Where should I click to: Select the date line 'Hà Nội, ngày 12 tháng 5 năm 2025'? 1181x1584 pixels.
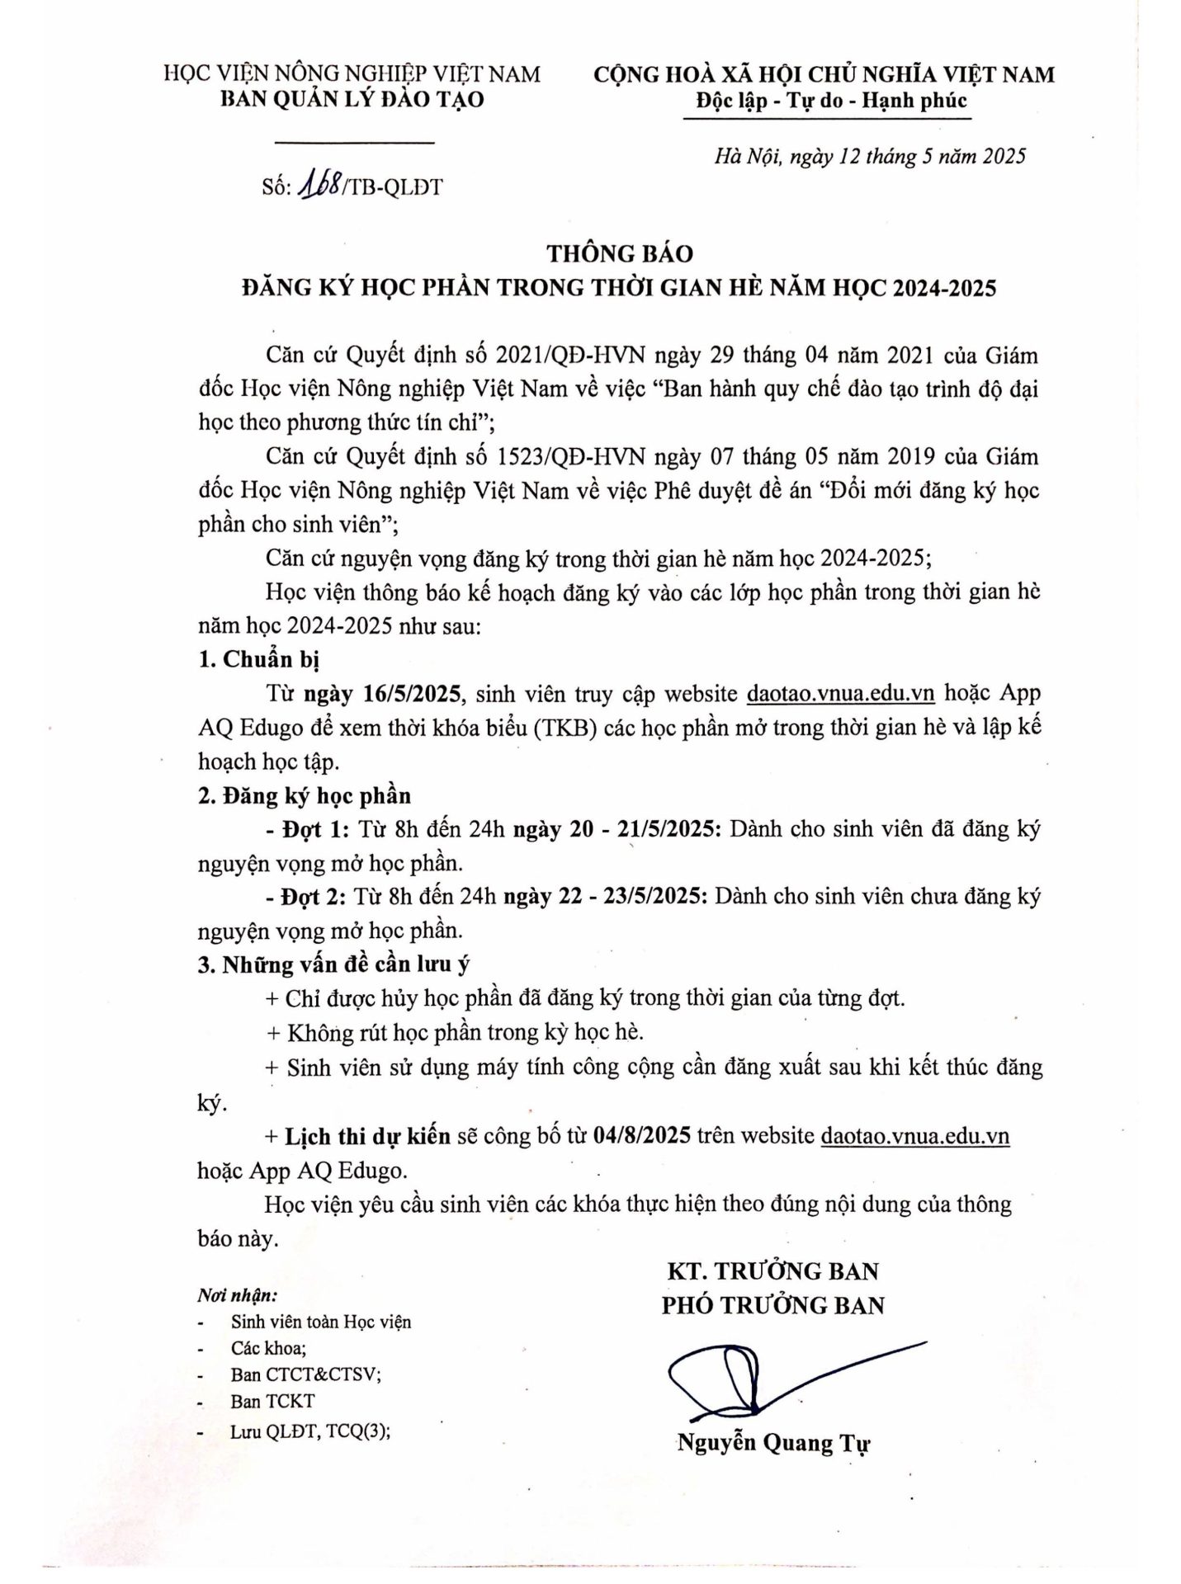click(x=869, y=156)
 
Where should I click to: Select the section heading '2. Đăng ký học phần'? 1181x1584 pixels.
click(x=305, y=795)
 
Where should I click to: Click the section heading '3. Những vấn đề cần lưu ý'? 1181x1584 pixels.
click(x=334, y=964)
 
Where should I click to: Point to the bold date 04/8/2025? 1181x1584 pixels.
click(x=641, y=1136)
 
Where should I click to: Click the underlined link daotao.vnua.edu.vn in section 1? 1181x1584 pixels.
click(x=839, y=693)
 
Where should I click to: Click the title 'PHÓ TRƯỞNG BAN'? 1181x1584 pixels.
click(x=772, y=1305)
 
